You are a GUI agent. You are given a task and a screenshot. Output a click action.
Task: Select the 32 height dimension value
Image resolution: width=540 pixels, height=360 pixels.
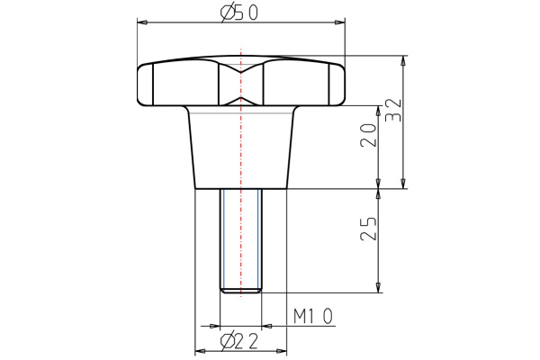(392, 110)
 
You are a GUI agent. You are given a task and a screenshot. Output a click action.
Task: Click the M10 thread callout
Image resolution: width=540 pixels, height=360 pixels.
(314, 316)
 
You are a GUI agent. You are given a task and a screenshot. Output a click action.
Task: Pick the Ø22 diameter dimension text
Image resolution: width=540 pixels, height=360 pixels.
(240, 339)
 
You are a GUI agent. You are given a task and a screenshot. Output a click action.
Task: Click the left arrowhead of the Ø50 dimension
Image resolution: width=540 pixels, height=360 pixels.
(140, 21)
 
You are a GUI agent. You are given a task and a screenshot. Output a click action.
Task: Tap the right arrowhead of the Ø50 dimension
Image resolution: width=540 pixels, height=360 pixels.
(342, 21)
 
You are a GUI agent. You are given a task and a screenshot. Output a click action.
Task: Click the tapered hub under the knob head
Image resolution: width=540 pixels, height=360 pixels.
(241, 148)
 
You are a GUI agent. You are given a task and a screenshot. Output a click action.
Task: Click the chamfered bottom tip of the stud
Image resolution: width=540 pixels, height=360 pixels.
(241, 290)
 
